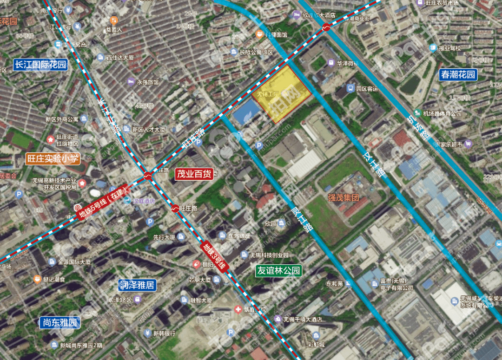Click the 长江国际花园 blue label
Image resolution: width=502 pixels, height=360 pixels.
pyautogui.click(x=41, y=65)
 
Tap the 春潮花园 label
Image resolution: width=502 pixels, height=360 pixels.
pyautogui.click(x=458, y=74)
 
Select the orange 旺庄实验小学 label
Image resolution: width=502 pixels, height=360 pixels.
pyautogui.click(x=53, y=159)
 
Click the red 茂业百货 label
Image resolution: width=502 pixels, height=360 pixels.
pyautogui.click(x=194, y=174)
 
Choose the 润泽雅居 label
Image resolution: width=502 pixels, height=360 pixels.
pyautogui.click(x=137, y=285)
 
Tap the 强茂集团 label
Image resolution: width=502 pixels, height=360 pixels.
pyautogui.click(x=343, y=197)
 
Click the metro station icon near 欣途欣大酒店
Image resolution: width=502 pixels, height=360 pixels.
pyautogui.click(x=327, y=27)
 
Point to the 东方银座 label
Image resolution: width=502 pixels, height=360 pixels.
pyautogui.click(x=238, y=236)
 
